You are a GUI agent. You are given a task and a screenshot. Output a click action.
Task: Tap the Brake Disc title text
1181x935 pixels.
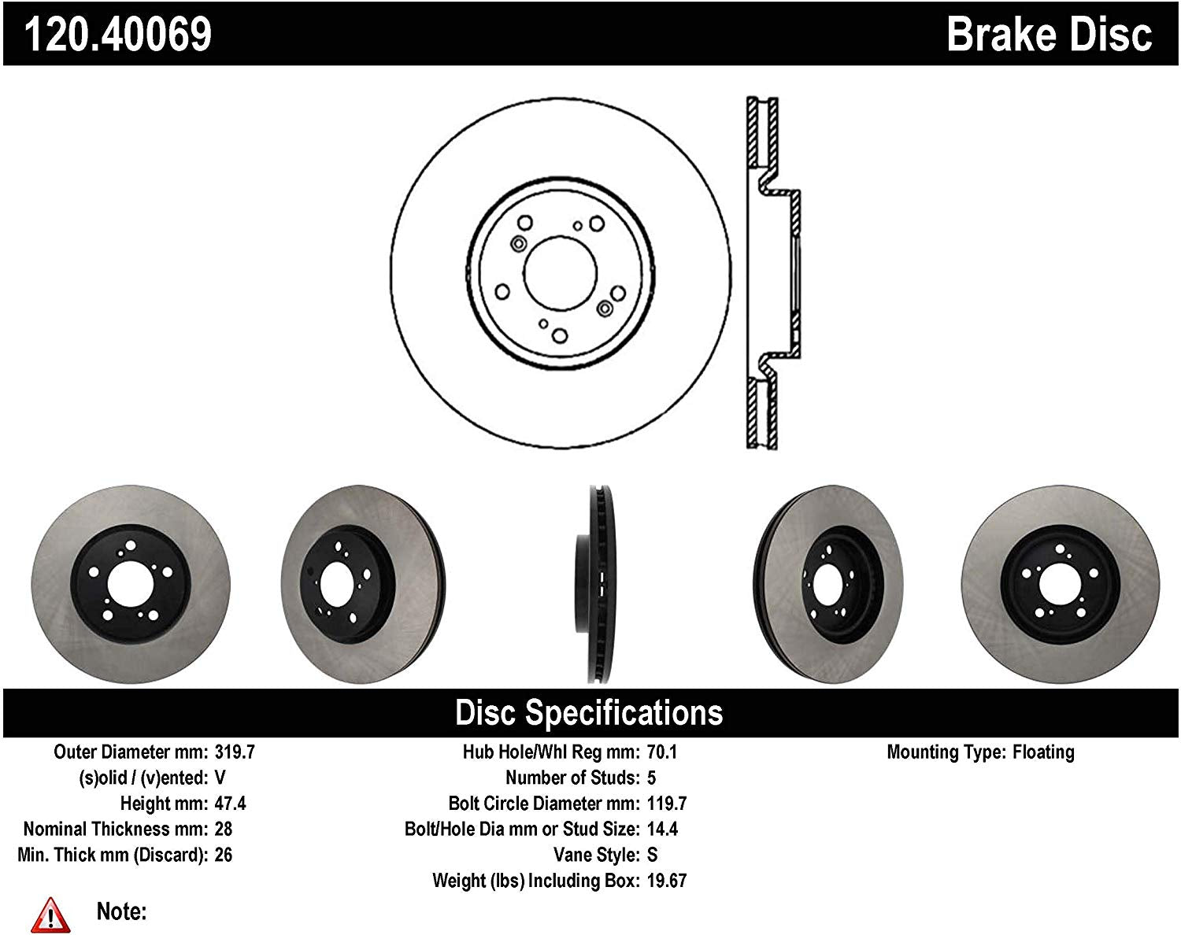(x=1049, y=35)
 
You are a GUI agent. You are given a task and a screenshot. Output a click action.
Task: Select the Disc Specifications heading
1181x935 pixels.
(x=589, y=712)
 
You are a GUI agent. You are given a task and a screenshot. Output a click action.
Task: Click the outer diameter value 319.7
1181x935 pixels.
(x=235, y=752)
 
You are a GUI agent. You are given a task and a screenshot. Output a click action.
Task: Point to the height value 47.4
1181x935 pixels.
(x=230, y=804)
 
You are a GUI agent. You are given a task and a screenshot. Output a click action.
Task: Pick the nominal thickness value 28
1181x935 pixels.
(x=223, y=829)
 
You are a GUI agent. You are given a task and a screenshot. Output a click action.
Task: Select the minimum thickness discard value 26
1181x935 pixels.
(x=223, y=855)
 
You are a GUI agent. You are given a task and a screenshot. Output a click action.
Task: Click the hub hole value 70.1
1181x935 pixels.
(x=661, y=752)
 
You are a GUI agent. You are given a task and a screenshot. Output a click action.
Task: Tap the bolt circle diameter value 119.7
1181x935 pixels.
(x=666, y=804)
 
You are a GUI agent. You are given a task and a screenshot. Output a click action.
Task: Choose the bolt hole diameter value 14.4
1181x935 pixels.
(x=661, y=829)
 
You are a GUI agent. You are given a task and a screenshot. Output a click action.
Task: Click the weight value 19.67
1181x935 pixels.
(x=666, y=881)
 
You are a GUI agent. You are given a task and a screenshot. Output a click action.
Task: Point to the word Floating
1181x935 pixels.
(x=1043, y=752)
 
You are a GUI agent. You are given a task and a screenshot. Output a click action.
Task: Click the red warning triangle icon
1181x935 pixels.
(x=50, y=915)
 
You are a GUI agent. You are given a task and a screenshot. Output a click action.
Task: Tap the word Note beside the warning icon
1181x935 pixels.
(x=121, y=911)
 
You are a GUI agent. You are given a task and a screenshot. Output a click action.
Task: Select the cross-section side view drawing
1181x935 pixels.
(x=772, y=273)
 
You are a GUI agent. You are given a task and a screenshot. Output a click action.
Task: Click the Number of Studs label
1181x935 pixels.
(x=572, y=778)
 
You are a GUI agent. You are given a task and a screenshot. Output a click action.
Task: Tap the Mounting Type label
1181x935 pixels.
(x=946, y=752)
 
